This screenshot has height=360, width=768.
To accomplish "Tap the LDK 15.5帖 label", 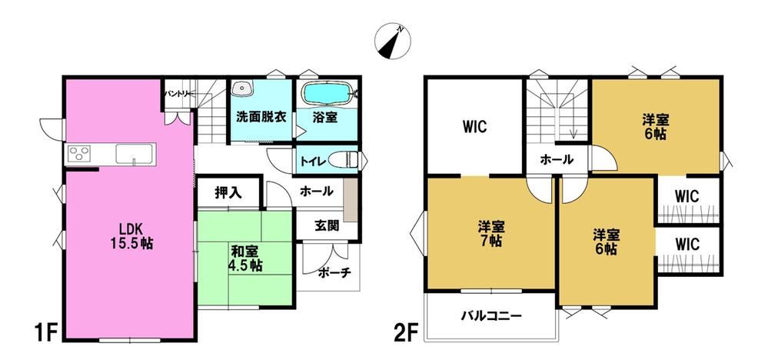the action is (x=130, y=235).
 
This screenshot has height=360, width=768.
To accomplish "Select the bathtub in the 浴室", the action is (x=327, y=93).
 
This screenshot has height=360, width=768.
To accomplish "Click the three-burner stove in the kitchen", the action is (x=79, y=154).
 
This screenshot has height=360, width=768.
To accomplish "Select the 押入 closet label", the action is (x=228, y=193).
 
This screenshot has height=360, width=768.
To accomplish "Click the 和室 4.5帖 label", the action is (x=246, y=258).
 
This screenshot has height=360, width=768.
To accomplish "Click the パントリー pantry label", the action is (x=178, y=93).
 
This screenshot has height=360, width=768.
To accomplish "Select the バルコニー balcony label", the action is (x=491, y=316).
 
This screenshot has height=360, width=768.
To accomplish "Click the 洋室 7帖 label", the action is (x=491, y=234).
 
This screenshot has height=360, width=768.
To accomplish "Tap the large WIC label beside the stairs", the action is (x=474, y=128).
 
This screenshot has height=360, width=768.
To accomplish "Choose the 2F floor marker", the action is (x=407, y=334).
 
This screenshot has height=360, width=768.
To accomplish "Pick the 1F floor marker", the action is (x=47, y=334).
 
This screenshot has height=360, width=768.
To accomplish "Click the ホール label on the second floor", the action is (x=557, y=159).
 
